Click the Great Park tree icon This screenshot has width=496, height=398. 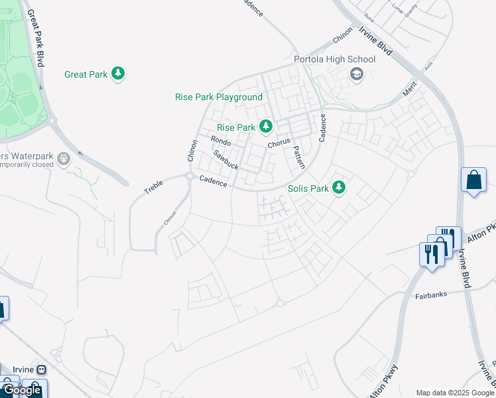coord(118,74)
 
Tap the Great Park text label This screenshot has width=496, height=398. coord(86,75)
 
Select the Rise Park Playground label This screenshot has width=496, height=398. coord(219,98)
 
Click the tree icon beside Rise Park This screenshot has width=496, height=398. coord(266,126)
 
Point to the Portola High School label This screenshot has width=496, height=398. coord(334,60)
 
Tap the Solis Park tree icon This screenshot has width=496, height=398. coord(339,188)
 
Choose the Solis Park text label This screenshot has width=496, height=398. coord(308,188)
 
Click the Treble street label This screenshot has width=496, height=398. coord(153,187)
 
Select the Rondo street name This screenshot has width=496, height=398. coord(221,141)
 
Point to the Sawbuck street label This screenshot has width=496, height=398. coord(225,159)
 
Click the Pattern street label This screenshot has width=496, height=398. coord(298,157)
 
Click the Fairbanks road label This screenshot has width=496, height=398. coord(431,294)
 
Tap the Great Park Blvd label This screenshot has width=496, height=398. coord(37,40)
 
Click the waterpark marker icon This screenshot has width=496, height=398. coord(63,159)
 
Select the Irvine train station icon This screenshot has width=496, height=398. coord(41,369)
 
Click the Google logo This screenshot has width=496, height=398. coord(22,390)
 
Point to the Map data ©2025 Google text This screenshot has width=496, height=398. coord(455,393)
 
